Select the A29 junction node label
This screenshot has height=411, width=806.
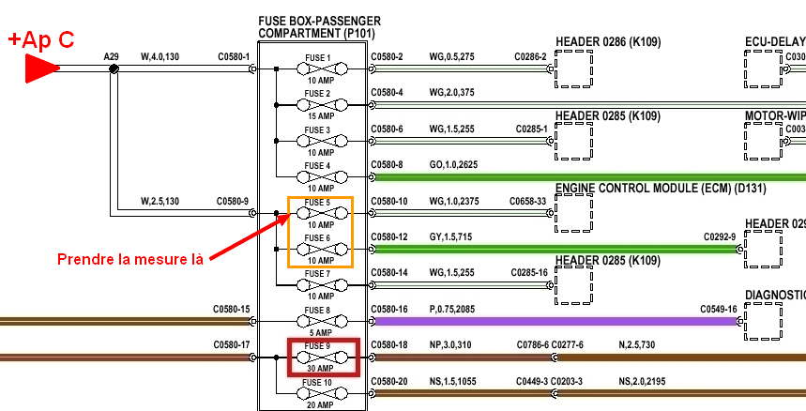(111, 57)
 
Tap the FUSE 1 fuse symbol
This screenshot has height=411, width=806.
(318, 68)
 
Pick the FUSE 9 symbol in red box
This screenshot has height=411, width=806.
(319, 358)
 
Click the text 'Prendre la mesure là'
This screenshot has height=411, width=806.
(130, 258)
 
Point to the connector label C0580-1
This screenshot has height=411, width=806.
(234, 57)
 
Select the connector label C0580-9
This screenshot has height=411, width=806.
(234, 201)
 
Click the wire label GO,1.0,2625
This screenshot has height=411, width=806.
(454, 165)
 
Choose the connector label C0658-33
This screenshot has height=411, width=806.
(527, 201)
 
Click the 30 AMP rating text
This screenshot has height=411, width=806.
(319, 369)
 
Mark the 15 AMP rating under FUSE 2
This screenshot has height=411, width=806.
(319, 116)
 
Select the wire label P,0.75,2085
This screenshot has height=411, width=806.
(452, 309)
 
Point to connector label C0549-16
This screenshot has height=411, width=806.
(719, 309)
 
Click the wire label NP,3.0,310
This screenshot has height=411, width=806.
(452, 345)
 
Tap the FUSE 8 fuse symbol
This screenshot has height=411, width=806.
(318, 321)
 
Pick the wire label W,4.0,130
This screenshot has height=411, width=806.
(160, 57)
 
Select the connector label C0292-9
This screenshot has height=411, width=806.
(721, 237)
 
